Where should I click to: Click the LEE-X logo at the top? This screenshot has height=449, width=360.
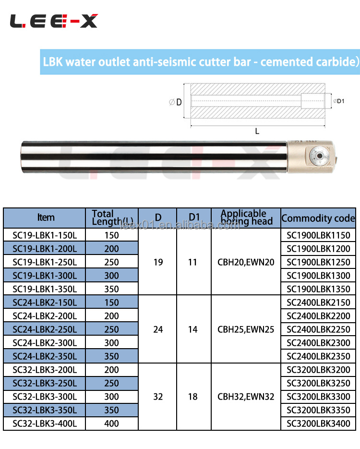pos(54,21)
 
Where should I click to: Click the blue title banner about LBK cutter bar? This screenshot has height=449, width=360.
pos(200,62)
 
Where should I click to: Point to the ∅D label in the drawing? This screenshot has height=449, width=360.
pos(175,102)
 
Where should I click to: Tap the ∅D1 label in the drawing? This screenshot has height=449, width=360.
pos(339,101)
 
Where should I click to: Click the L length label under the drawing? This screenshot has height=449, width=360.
pos(257,131)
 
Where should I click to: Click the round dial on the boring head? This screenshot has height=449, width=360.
pos(319,156)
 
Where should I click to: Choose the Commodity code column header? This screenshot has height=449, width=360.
pos(318,218)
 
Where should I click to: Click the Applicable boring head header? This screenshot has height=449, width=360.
pos(246,218)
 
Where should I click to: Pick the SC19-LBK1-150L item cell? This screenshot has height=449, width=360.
pos(45,235)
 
